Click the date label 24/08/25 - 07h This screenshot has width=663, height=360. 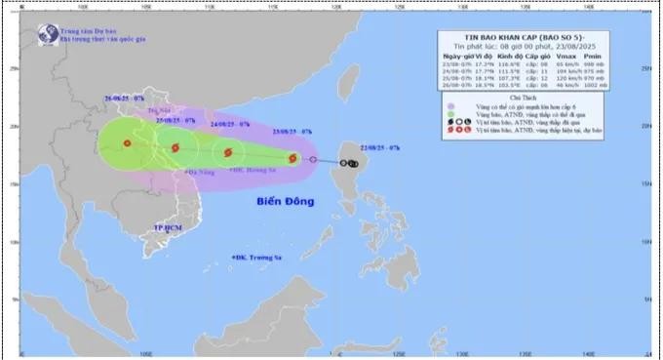coord(231,125)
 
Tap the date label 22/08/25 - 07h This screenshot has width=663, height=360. coord(378,146)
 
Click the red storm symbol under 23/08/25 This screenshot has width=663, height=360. coord(292,158)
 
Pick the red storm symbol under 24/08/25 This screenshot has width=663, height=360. coord(228,152)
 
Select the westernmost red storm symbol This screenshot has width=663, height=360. coord(127,143)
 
